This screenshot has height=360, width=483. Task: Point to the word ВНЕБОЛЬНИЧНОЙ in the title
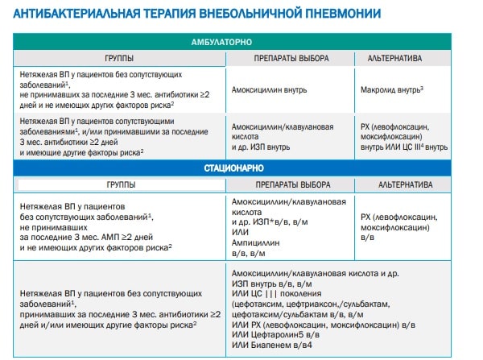tap(258, 12)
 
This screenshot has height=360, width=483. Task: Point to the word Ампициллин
tap(257, 242)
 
